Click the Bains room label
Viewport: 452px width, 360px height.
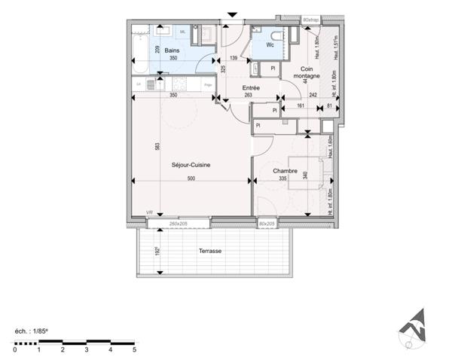pyautogui.click(x=173, y=50)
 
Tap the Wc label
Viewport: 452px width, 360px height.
pyautogui.click(x=270, y=45)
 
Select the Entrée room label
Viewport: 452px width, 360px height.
pyautogui.click(x=251, y=87)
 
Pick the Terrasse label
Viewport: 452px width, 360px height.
pyautogui.click(x=209, y=251)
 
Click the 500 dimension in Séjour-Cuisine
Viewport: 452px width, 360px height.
pyautogui.click(x=192, y=178)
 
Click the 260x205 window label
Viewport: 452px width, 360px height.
pyautogui.click(x=178, y=224)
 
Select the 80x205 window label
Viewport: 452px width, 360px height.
pyautogui.click(x=266, y=224)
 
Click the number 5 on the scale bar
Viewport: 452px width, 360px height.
pyautogui.click(x=134, y=350)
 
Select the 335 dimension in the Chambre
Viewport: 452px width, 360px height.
pyautogui.click(x=282, y=178)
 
